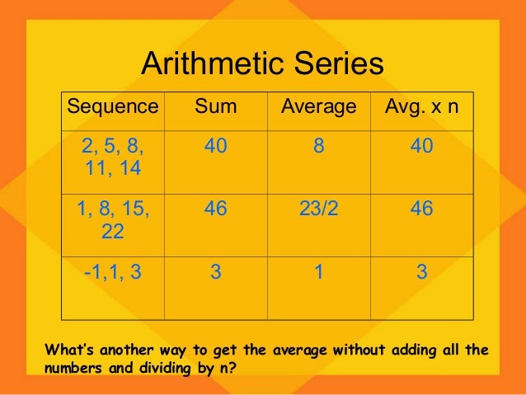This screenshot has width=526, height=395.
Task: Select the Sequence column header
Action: (112, 107)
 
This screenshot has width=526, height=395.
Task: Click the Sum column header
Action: (215, 107)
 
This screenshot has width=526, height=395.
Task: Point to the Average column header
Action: (318, 107)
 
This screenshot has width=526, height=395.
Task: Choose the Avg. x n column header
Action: (422, 107)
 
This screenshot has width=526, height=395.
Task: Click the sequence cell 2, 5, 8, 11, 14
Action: (112, 158)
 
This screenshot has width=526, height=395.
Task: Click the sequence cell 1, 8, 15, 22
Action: (112, 220)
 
